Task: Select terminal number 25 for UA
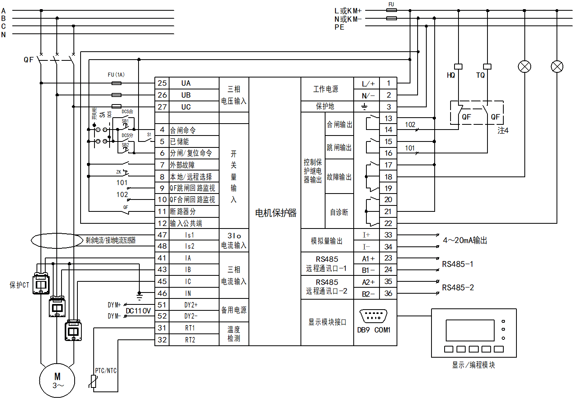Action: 162,83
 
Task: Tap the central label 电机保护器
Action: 275,213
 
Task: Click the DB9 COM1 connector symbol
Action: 373,317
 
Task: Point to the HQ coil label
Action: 451,76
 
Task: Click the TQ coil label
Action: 480,76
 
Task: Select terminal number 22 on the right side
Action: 388,223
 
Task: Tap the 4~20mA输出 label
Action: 465,240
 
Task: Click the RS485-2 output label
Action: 458,288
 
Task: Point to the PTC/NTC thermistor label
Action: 106,371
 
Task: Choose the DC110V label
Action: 138,311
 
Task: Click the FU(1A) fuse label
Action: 116,75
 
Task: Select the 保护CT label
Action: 19,285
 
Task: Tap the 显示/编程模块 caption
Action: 473,365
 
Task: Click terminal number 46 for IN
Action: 162,293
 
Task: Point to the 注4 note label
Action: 503,130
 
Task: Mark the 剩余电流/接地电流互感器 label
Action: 110,240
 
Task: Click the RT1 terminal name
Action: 190,328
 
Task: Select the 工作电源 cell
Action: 326,89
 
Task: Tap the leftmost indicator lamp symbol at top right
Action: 524,67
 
